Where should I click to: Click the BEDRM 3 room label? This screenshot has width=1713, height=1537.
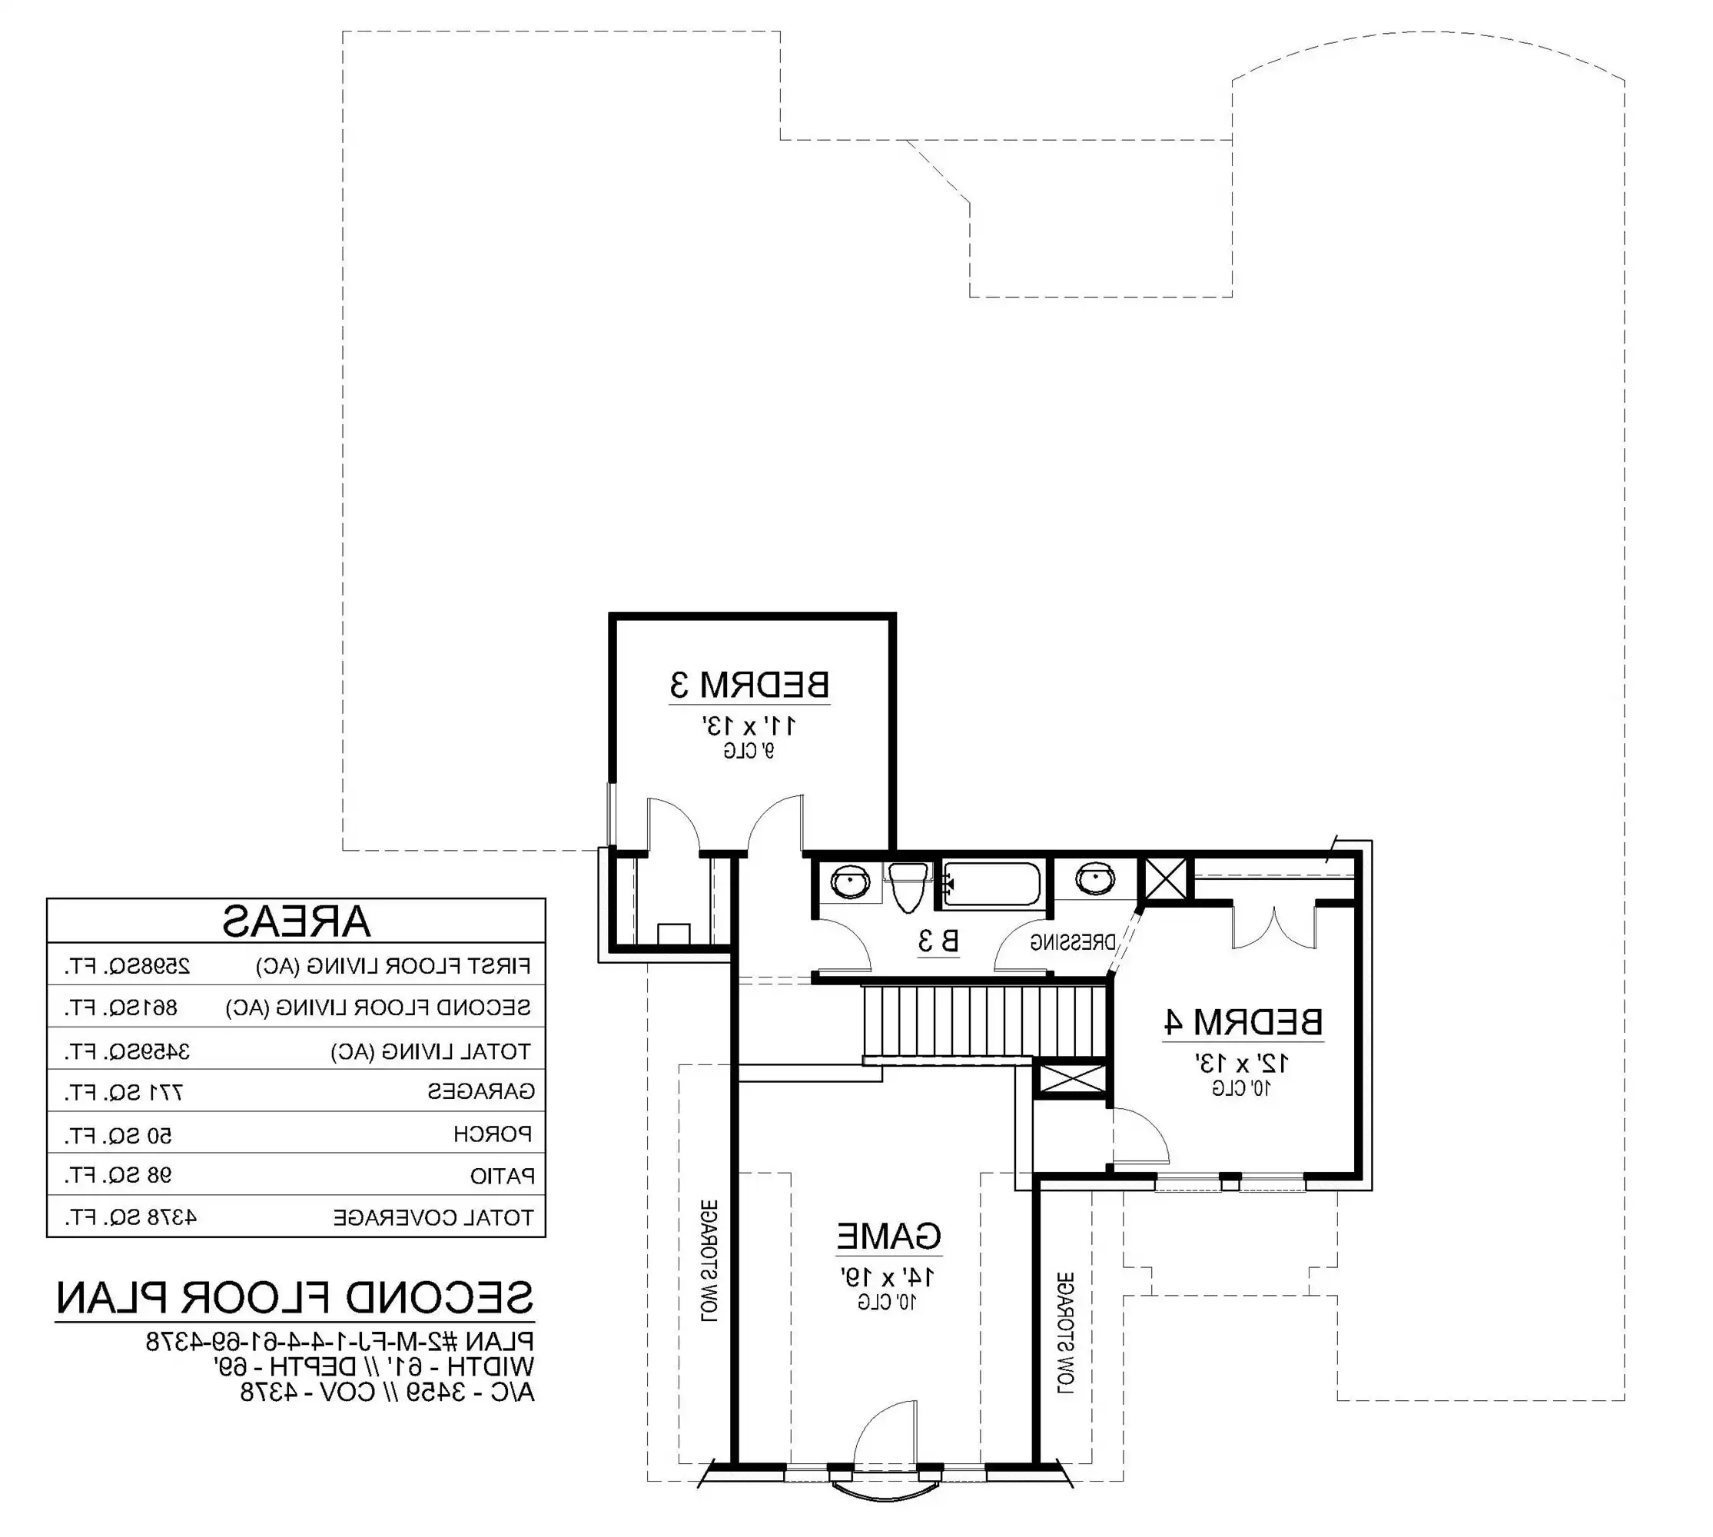[x=749, y=684]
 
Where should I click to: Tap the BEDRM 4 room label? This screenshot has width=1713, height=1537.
[x=1243, y=1022]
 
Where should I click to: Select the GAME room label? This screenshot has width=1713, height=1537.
[x=888, y=1236]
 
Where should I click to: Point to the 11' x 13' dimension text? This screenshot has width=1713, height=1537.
[x=749, y=725]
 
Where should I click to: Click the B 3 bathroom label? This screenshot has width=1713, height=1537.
[x=938, y=941]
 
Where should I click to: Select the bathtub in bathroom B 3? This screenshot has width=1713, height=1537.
[x=991, y=885]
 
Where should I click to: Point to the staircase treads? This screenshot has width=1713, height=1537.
[x=984, y=1020]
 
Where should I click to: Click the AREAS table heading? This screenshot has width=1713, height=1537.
[x=296, y=921]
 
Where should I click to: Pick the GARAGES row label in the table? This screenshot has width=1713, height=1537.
[x=480, y=1092]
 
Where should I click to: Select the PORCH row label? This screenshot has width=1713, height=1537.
[x=493, y=1134]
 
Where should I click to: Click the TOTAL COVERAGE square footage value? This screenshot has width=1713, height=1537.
[x=131, y=1218]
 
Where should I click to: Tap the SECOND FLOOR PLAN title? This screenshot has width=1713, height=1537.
[x=295, y=1298]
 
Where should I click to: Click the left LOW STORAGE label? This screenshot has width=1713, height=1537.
[x=709, y=1261]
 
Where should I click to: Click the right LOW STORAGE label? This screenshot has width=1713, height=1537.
[x=1065, y=1333]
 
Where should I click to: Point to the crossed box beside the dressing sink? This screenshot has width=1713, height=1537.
[x=1165, y=879]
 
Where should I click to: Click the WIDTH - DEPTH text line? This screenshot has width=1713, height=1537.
[x=373, y=1366]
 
